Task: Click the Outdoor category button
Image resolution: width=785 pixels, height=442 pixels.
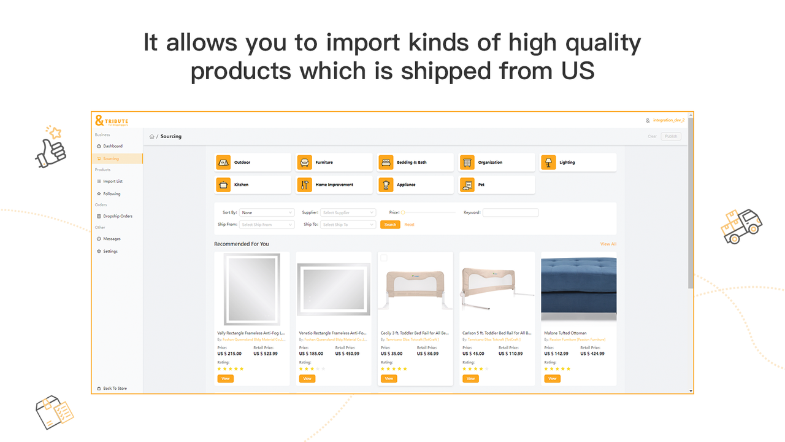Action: [253, 163]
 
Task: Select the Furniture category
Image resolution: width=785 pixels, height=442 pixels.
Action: [334, 163]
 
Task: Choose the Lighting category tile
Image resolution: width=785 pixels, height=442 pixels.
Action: [578, 163]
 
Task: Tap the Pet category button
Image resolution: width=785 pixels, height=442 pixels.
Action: [497, 185]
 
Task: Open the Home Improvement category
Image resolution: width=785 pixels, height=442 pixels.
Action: [334, 185]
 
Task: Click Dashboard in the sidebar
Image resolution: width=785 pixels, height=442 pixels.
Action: [112, 146]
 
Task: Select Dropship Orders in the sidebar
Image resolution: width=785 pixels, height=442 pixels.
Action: [117, 216]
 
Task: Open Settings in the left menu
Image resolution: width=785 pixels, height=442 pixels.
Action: [110, 251]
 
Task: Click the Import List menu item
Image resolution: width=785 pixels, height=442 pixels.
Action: [112, 181]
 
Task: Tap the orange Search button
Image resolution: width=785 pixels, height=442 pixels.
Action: [391, 225]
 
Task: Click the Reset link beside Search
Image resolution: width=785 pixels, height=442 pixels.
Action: [409, 225]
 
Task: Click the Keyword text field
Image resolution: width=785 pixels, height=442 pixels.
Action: [510, 212]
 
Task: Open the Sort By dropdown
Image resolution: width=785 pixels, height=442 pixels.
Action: [267, 212]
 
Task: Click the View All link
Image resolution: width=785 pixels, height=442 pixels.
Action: [608, 244]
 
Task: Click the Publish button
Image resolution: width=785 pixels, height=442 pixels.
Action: [671, 136]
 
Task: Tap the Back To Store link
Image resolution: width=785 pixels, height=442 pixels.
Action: [114, 389]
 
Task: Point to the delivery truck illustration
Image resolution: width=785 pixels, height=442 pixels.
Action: [741, 226]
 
